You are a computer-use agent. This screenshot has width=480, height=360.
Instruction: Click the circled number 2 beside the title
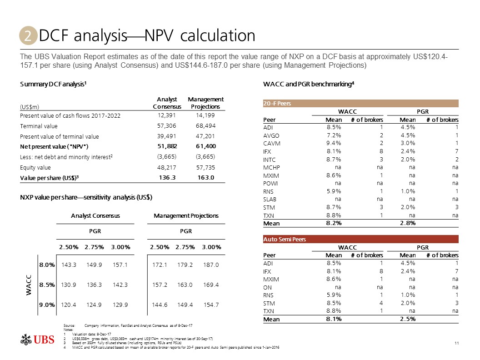pyautogui.click(x=28, y=36)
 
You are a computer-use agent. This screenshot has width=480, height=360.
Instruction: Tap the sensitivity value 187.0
pyautogui.click(x=211, y=264)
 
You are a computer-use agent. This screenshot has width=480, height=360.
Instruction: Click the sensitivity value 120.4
pyautogui.click(x=69, y=305)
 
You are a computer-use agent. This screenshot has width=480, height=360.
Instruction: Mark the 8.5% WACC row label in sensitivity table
pyautogui.click(x=47, y=285)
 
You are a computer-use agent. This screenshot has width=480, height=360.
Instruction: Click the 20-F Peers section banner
pyautogui.click(x=278, y=104)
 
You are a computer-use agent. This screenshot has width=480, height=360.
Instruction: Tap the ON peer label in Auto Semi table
pyautogui.click(x=268, y=287)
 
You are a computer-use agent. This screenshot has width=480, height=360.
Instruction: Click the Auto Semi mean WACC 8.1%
pyautogui.click(x=334, y=319)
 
